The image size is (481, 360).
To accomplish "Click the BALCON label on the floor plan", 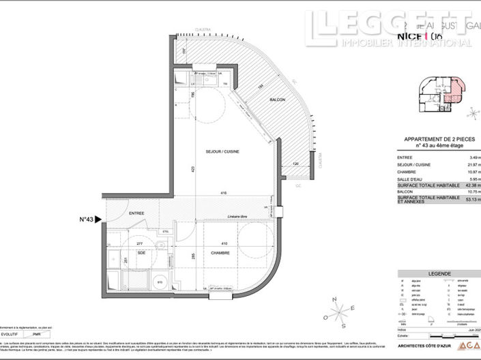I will click(276, 100).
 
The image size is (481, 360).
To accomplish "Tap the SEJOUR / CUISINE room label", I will click(222, 151).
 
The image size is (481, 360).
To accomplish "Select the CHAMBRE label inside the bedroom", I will click(220, 253).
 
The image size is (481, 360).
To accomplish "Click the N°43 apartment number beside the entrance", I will click(87, 220).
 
